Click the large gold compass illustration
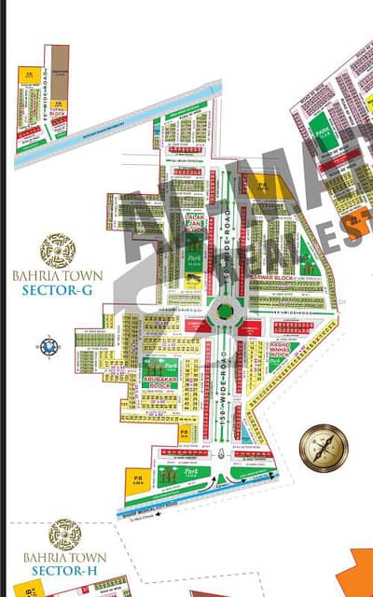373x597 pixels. pos(323,448)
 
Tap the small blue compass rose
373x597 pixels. pos(49,346)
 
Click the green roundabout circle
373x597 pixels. pos(224,312)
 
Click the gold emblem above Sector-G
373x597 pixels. pos(58,251)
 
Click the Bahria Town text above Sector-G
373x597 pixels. pos(58,276)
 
